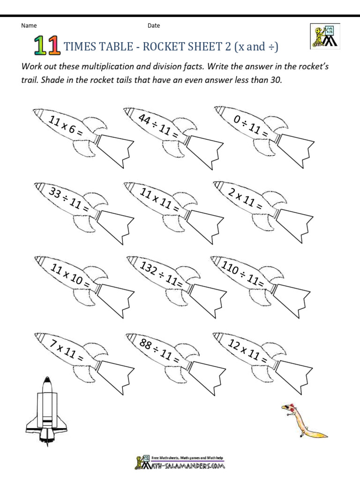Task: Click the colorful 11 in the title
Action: (46, 46)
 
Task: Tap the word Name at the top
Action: (29, 26)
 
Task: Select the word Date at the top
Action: (154, 26)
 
